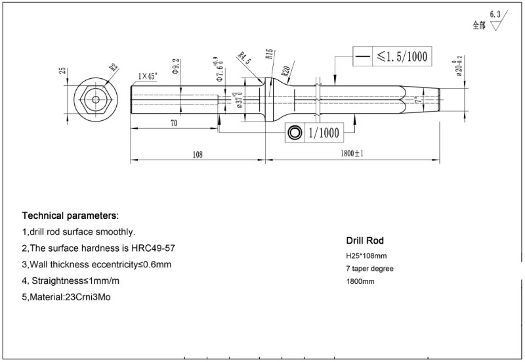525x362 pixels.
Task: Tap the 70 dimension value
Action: pos(174,123)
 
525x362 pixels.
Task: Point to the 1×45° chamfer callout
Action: pos(147,77)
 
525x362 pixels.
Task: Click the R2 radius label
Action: pos(114,67)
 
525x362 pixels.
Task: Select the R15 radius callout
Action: pos(269,54)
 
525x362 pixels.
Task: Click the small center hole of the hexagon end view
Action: pos(96,101)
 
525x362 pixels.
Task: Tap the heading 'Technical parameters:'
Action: pos(71,215)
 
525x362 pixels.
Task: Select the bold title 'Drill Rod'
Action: pos(365,240)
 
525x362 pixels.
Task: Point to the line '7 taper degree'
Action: pos(370,268)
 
